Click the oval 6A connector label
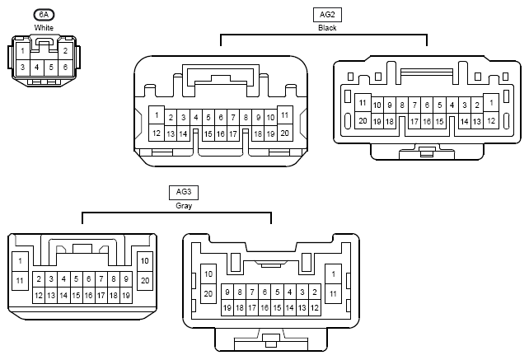(x=44, y=15)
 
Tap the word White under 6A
(x=44, y=28)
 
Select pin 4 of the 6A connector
(x=37, y=68)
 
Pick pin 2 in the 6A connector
(x=65, y=51)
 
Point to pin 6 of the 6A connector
(x=65, y=68)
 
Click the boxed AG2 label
(x=327, y=15)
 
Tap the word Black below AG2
(x=327, y=28)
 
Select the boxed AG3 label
(x=184, y=192)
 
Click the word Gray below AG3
(x=184, y=205)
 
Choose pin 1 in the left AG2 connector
(x=157, y=115)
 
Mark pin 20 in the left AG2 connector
(x=285, y=133)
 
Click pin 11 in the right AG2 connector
(x=363, y=103)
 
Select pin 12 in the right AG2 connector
(x=491, y=120)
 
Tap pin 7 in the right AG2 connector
(x=414, y=105)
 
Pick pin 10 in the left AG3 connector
(x=145, y=261)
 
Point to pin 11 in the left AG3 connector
(x=20, y=281)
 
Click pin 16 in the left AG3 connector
(x=88, y=296)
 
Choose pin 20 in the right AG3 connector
(x=208, y=294)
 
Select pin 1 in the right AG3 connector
(x=334, y=274)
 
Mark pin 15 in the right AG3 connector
(x=278, y=308)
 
